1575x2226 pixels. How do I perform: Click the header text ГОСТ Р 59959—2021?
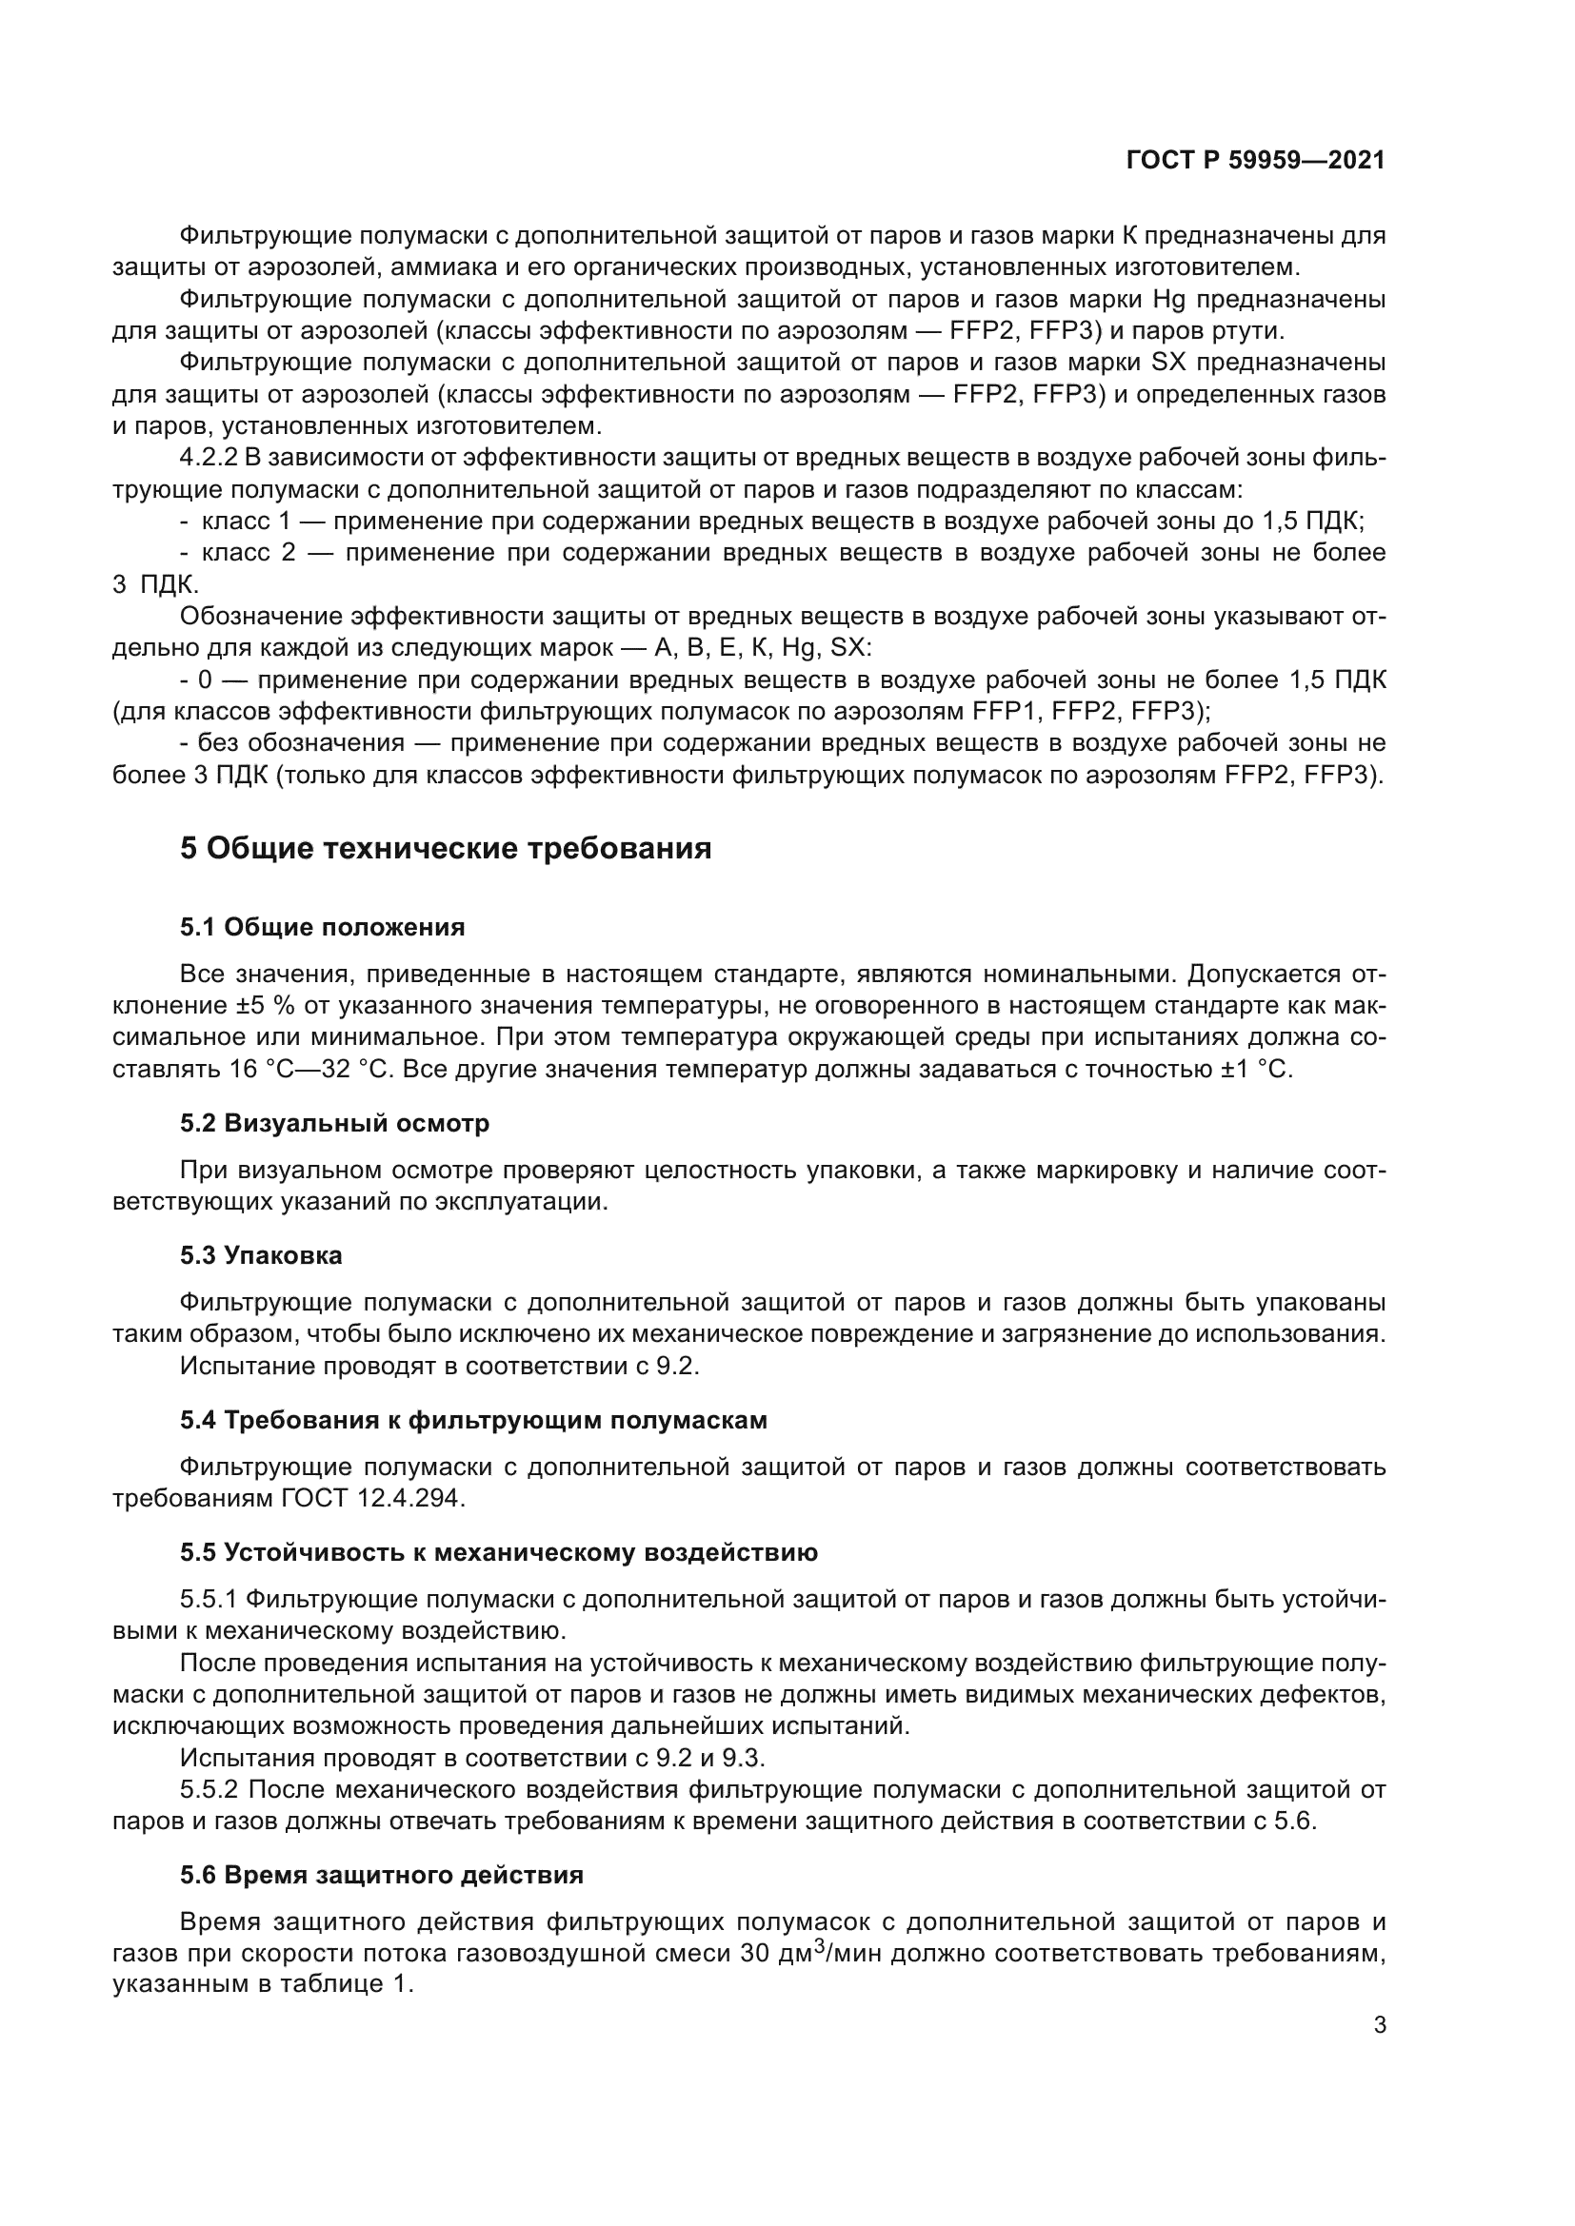point(1256,161)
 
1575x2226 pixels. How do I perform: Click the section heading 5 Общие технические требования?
point(445,848)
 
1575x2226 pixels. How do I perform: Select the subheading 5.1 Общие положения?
point(322,927)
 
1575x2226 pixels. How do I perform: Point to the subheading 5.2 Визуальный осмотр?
point(333,1123)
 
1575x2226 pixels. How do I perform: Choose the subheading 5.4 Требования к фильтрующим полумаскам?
point(473,1419)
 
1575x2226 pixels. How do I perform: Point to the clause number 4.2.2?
point(209,458)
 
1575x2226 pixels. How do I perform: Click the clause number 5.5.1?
point(209,1599)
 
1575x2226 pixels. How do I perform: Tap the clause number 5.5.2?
point(209,1789)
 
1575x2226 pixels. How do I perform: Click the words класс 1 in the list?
point(246,521)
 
